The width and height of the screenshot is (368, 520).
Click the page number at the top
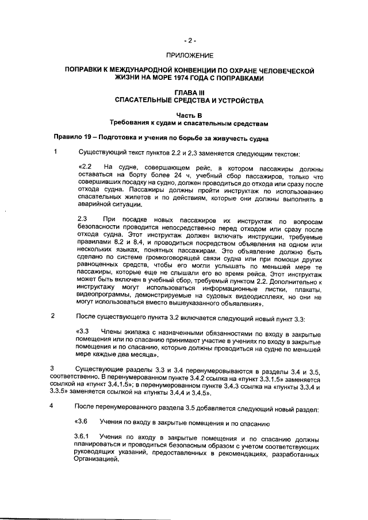pyautogui.click(x=190, y=41)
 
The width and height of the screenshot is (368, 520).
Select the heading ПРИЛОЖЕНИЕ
pyautogui.click(x=190, y=56)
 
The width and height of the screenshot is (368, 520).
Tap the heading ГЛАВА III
pyautogui.click(x=190, y=92)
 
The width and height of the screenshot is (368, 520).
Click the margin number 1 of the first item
pyautogui.click(x=56, y=153)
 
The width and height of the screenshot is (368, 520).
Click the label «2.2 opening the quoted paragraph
pyautogui.click(x=83, y=167)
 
